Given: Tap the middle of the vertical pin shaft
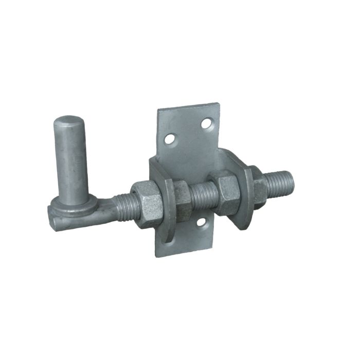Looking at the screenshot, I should point(72,159).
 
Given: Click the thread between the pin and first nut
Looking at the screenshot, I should point(121,206).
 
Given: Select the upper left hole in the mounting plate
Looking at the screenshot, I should point(169,138).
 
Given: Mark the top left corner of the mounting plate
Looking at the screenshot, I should point(158,110).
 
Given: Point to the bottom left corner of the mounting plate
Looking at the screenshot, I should point(157,256).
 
